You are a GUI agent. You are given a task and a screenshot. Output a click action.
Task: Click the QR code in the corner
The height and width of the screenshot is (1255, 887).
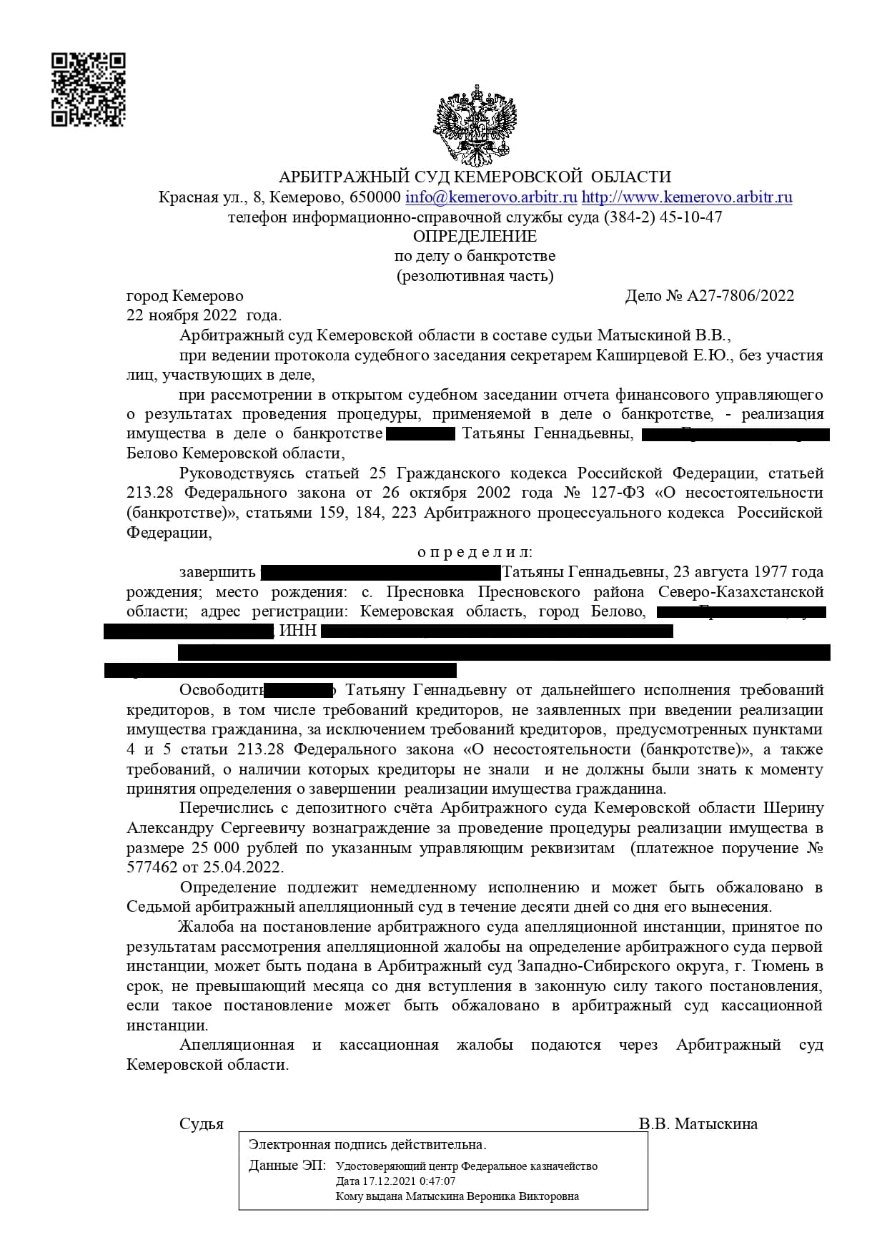88,89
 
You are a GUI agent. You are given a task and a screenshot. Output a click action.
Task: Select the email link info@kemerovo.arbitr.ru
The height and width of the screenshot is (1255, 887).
491,197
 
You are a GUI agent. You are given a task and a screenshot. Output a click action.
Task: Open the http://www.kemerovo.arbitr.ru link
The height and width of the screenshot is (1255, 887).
687,197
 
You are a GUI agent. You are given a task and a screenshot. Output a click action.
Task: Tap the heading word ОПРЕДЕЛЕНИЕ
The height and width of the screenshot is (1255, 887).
475,237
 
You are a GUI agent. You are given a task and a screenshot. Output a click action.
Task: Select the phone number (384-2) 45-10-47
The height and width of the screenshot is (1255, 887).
663,217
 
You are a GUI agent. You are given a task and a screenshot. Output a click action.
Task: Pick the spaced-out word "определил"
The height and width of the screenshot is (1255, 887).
475,553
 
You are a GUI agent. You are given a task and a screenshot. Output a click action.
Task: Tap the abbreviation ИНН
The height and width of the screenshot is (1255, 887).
298,631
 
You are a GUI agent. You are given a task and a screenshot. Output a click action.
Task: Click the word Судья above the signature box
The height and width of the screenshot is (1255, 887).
202,1124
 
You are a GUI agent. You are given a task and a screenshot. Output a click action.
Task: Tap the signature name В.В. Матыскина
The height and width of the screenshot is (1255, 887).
698,1124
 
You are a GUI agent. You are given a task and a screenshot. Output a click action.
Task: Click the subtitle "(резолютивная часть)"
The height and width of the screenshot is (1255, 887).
475,276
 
